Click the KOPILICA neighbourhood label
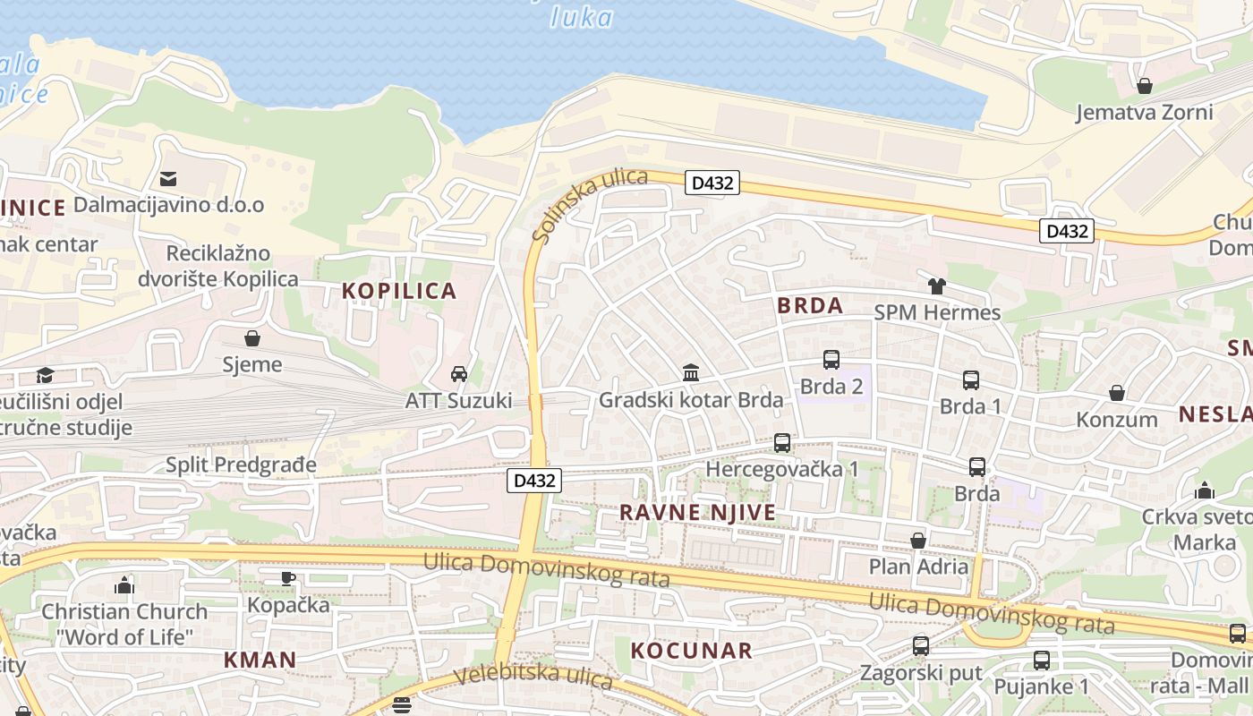point(399,291)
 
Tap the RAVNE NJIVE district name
point(698,513)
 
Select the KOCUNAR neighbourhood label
point(692,651)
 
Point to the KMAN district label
point(260,661)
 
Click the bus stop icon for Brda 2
point(831,360)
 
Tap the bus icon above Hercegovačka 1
point(781,442)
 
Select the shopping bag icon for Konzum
point(1116,393)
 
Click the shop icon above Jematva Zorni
point(1144,86)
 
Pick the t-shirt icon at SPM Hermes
point(936,286)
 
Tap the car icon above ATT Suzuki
point(458,374)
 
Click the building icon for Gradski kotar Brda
point(690,372)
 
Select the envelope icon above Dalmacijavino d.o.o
point(168,179)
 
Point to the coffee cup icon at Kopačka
point(288,578)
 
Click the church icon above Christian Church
point(124,585)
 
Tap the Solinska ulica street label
point(589,205)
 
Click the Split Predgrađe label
point(242,465)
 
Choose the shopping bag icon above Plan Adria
point(917,541)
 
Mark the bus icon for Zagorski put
point(920,645)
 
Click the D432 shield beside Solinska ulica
point(712,183)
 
